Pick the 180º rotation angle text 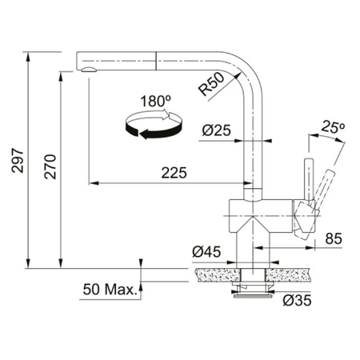(156, 102)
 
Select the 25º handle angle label (332, 127)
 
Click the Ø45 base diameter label (206, 253)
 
